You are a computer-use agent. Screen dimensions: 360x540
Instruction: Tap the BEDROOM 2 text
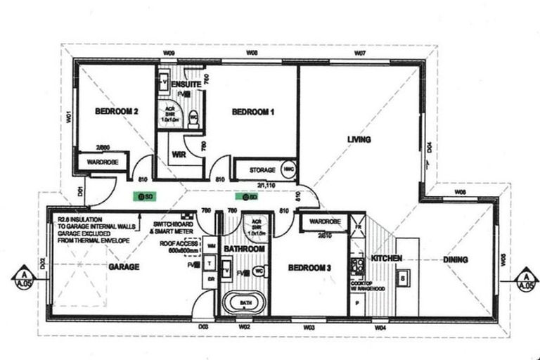click(116, 111)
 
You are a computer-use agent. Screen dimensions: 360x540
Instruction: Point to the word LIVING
click(359, 140)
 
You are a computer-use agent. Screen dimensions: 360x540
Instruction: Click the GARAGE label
click(123, 266)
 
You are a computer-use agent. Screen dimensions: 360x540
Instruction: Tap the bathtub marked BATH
click(243, 304)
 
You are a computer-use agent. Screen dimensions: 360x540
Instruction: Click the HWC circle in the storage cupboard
click(288, 169)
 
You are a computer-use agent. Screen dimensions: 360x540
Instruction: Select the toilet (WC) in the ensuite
click(194, 117)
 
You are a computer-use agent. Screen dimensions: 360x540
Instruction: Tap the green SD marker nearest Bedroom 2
click(146, 198)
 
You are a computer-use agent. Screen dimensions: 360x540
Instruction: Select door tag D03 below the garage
click(203, 326)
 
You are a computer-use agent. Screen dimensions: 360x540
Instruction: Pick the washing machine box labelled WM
click(212, 247)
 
